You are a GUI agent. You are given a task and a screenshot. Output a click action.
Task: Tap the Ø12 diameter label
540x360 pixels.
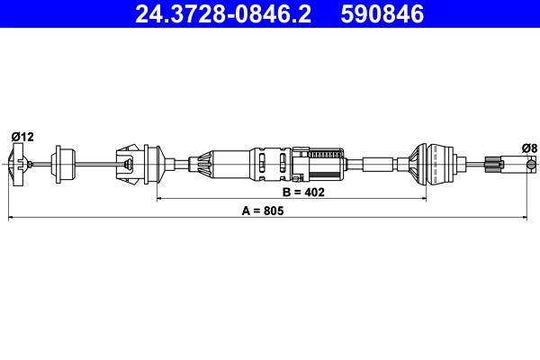[22, 137]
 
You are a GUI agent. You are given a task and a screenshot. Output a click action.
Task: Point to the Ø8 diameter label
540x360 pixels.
[528, 148]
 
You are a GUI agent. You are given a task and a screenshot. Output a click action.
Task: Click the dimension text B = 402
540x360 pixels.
[303, 192]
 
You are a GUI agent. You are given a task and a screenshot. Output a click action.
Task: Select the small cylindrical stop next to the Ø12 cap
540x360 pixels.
[64, 164]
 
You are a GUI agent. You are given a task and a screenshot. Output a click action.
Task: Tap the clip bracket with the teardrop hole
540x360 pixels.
[130, 164]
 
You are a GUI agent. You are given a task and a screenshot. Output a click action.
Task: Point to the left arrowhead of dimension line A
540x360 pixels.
[11, 218]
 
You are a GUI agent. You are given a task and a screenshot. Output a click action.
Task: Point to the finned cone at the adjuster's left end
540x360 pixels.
[203, 164]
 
